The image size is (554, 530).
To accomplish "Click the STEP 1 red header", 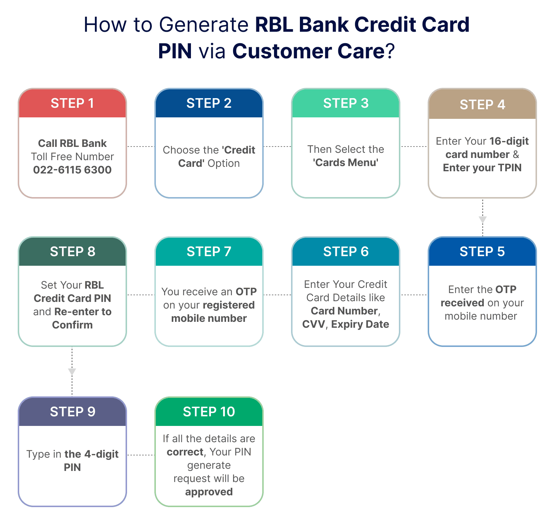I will pyautogui.click(x=72, y=103).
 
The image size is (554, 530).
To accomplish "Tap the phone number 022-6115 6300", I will pyautogui.click(x=72, y=170).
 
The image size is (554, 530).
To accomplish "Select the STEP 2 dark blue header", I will pyautogui.click(x=209, y=103).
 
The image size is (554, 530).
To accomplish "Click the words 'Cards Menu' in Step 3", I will pyautogui.click(x=346, y=163).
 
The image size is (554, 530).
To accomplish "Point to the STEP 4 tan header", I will pyautogui.click(x=482, y=104).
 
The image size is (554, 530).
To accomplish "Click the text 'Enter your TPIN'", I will pyautogui.click(x=482, y=168).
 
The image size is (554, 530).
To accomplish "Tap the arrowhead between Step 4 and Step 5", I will pyautogui.click(x=483, y=220).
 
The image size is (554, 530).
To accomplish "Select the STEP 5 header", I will pyautogui.click(x=482, y=252).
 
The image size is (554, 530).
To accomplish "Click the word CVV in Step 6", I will pyautogui.click(x=314, y=324).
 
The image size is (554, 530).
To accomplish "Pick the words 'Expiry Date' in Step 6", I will pyautogui.click(x=360, y=324).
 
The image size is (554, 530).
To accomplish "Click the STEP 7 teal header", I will pyautogui.click(x=209, y=252).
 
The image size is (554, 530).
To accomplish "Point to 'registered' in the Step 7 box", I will pyautogui.click(x=229, y=305).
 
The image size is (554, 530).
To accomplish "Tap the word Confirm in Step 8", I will pyautogui.click(x=72, y=325).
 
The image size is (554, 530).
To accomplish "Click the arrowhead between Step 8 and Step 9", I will pyautogui.click(x=72, y=372).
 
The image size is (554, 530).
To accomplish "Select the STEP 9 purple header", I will pyautogui.click(x=72, y=412).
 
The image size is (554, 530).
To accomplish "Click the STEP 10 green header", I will pyautogui.click(x=209, y=412).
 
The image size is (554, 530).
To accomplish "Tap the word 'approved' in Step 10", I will pyautogui.click(x=209, y=492).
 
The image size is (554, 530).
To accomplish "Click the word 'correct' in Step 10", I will pyautogui.click(x=185, y=452).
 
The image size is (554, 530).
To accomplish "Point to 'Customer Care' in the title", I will pyautogui.click(x=309, y=51).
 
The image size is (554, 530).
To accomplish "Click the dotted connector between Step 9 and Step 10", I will pyautogui.click(x=141, y=455).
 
